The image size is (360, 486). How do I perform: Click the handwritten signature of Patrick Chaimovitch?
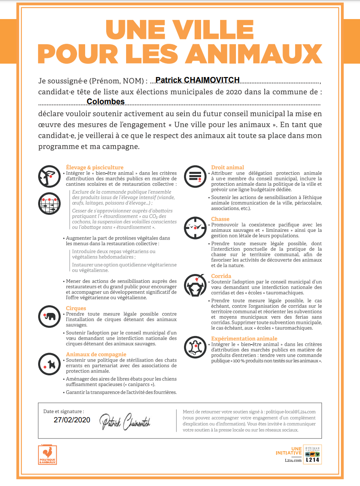point(125,422)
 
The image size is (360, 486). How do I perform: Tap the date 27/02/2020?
point(72,420)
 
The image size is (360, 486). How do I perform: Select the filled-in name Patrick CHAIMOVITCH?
point(197,80)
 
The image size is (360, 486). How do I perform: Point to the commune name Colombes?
point(106,102)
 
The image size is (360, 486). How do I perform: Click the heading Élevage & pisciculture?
point(94,167)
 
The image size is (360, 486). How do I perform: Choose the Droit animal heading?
point(227,167)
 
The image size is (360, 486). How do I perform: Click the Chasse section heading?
point(220,219)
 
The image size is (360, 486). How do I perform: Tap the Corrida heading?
point(221,276)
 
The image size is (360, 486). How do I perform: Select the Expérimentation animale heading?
point(244,338)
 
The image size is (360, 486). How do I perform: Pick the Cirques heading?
point(76,308)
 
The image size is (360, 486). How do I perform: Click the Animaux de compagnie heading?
point(96,355)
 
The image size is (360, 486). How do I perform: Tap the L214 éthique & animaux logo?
point(312,454)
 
